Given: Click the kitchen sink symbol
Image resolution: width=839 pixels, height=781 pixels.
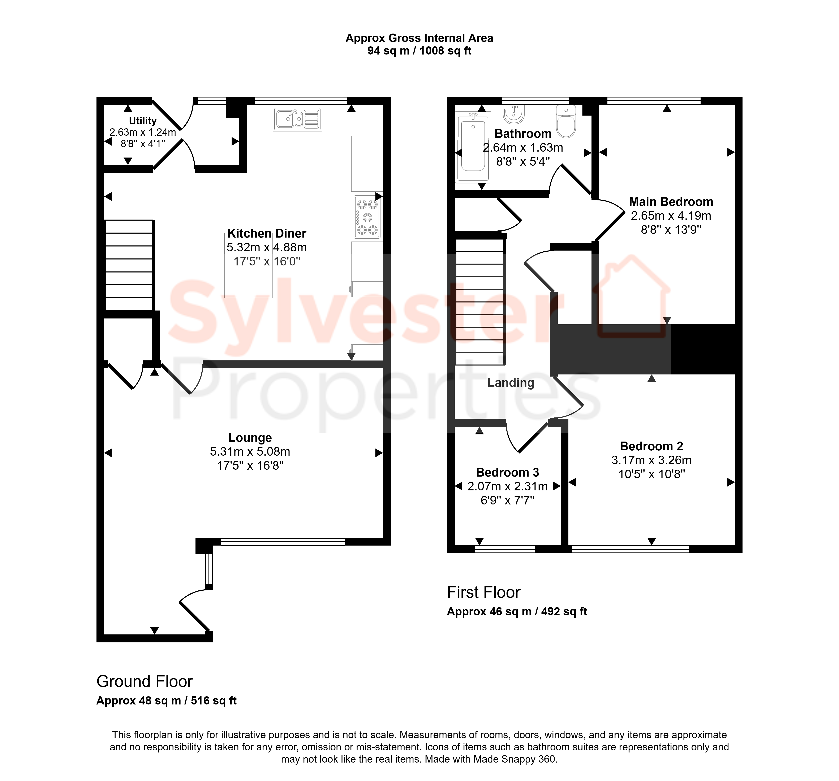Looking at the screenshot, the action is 298,119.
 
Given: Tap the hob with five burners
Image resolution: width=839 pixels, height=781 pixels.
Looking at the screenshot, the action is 367,217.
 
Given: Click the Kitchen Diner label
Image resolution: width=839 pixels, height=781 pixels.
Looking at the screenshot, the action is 267,233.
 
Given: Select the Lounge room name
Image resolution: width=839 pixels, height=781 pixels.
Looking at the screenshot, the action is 250,438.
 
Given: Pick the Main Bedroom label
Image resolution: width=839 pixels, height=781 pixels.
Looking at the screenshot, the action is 671,202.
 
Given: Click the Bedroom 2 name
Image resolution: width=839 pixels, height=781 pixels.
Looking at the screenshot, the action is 651,446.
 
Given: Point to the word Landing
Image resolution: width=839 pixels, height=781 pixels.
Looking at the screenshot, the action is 511,383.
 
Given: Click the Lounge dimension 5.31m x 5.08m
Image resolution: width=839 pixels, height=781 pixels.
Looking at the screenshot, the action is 250,451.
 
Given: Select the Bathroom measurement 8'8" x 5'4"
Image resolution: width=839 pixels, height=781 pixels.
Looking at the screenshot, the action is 523,162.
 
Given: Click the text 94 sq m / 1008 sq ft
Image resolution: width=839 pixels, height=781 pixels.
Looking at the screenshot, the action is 419,51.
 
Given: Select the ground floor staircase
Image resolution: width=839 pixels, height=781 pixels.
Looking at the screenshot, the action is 129,265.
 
